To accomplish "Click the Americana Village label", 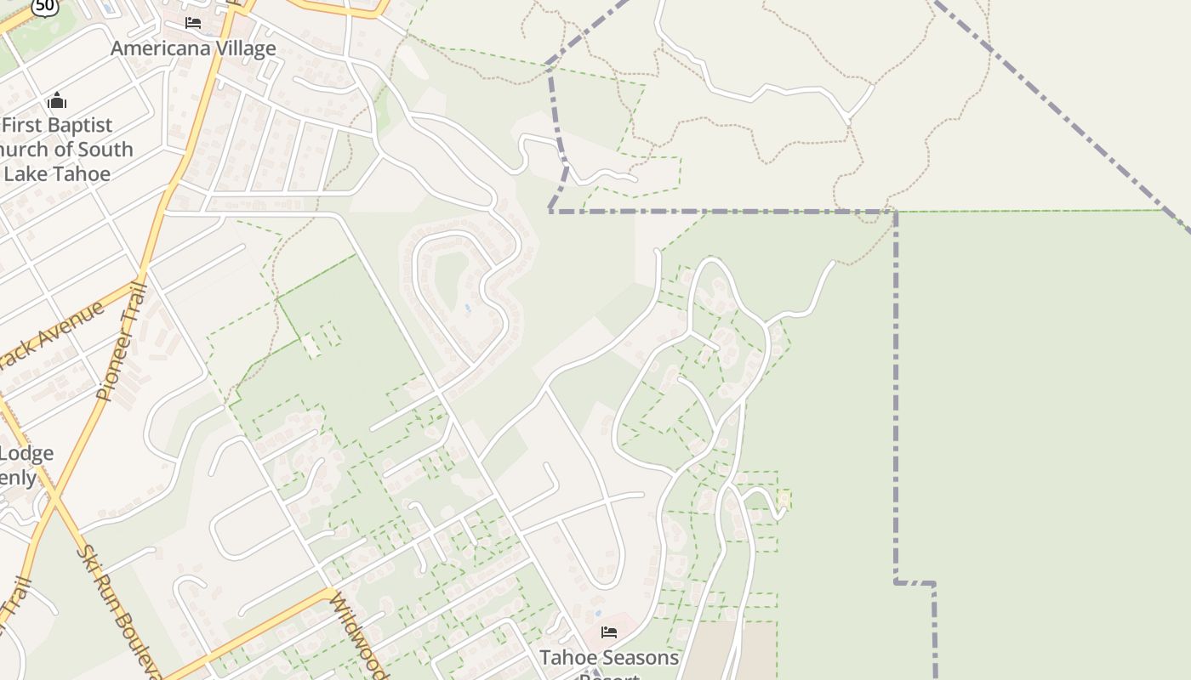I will coord(193,48).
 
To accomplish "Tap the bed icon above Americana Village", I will coord(193,22).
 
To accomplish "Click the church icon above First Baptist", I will coord(57,101).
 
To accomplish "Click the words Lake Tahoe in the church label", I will coord(58,173).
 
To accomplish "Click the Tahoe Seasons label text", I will coord(609,658).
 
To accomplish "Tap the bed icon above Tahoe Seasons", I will coord(609,632).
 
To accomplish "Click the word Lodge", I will coord(31,453).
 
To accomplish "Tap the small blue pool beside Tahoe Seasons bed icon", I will coord(598,611).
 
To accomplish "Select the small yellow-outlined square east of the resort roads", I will coord(784,499).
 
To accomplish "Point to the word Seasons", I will coord(644,658).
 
